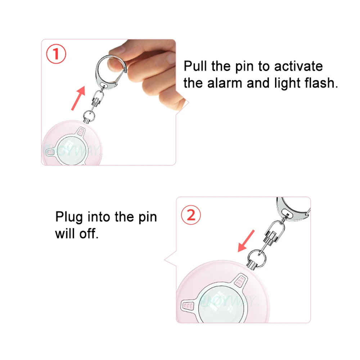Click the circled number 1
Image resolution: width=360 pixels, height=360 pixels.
pos(56,54)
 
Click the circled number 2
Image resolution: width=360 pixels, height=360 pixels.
pos(191,215)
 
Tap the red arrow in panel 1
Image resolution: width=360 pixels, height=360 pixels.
pos(78,98)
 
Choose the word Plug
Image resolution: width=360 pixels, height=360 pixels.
pos(69,217)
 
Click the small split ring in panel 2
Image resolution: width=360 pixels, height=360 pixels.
pos(257,256)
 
